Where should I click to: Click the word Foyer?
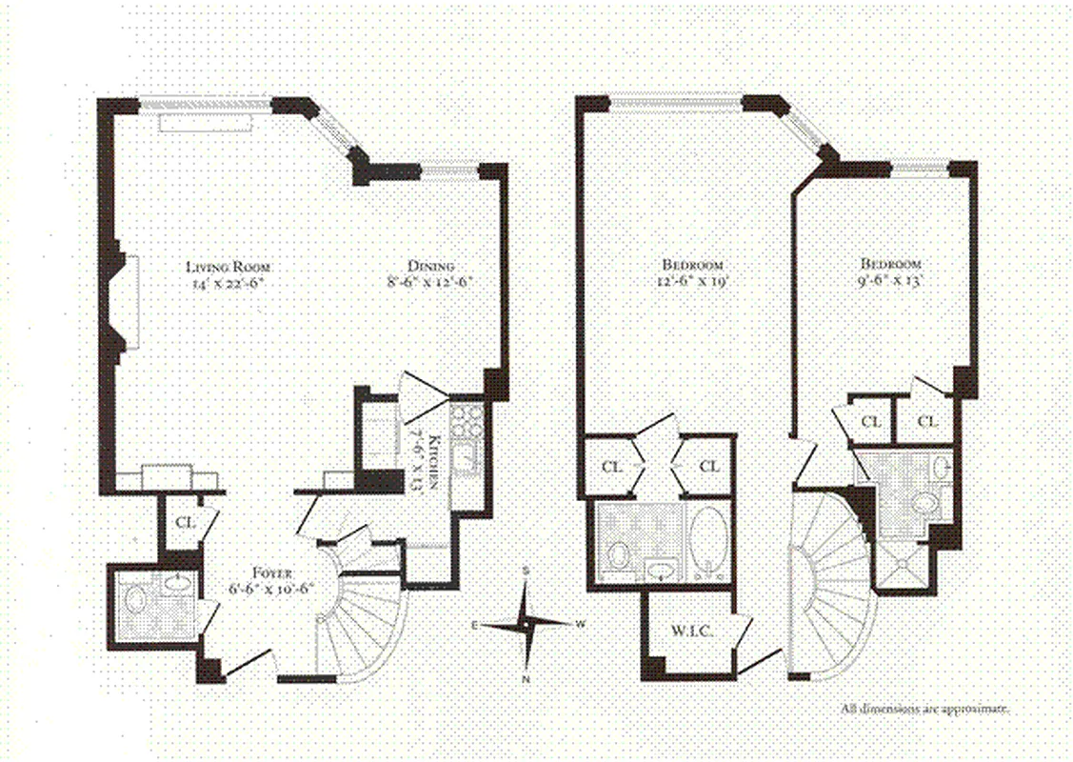[268, 574]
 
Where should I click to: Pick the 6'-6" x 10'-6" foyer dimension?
[268, 589]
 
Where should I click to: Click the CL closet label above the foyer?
[187, 522]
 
